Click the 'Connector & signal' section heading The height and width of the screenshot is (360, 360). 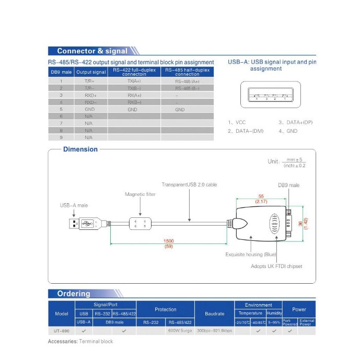point(92,51)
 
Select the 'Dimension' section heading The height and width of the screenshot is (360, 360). point(80,149)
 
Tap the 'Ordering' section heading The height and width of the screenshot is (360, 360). point(74,294)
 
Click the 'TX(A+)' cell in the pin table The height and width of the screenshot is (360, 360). point(134,82)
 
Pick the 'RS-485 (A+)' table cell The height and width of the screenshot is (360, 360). point(187,82)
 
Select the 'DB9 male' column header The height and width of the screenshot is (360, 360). point(61,72)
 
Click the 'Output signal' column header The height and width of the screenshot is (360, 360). point(91,72)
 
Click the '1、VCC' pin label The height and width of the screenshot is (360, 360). point(237,122)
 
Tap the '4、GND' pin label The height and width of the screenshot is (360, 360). point(287,131)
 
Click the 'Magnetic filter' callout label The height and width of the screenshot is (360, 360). point(140,194)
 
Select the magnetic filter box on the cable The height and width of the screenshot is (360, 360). point(140,224)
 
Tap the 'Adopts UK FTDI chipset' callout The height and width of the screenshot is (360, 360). point(276,266)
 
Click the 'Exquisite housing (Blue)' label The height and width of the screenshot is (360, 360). point(250,254)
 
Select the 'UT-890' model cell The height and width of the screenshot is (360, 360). point(62,331)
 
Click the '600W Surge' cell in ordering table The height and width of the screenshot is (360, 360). point(180,331)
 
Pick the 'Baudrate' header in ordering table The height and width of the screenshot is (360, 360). point(214,313)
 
